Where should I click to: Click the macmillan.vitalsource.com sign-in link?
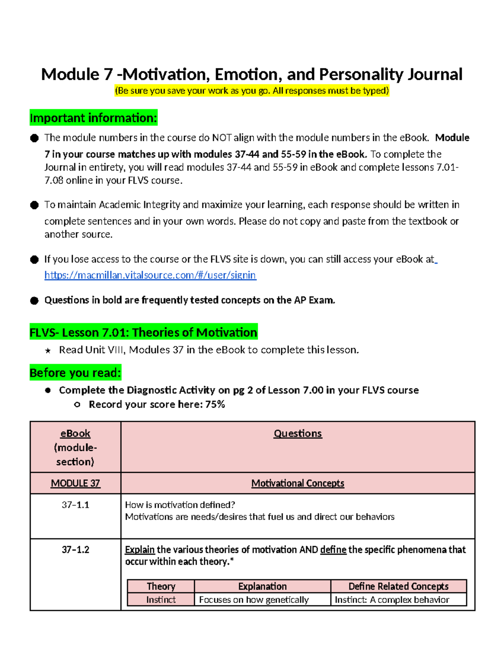click(150, 275)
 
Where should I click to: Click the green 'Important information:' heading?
click(93, 118)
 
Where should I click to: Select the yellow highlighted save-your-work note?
click(252, 91)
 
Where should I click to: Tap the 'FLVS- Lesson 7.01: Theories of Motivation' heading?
click(143, 333)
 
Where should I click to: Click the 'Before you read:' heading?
click(75, 373)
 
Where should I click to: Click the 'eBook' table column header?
click(75, 434)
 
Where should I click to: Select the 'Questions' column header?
click(297, 434)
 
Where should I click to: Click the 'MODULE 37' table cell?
click(75, 483)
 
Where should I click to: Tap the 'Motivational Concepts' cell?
click(297, 483)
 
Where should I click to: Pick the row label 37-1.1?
click(75, 505)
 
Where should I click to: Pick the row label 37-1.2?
click(75, 550)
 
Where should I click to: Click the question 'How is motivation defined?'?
click(180, 505)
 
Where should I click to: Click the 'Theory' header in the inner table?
click(161, 587)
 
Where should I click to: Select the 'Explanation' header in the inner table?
click(262, 587)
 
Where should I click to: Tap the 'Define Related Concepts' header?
click(398, 587)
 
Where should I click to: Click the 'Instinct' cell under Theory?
click(161, 600)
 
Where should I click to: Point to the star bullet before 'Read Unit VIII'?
click(48, 351)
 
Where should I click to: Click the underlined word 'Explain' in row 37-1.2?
click(140, 550)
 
